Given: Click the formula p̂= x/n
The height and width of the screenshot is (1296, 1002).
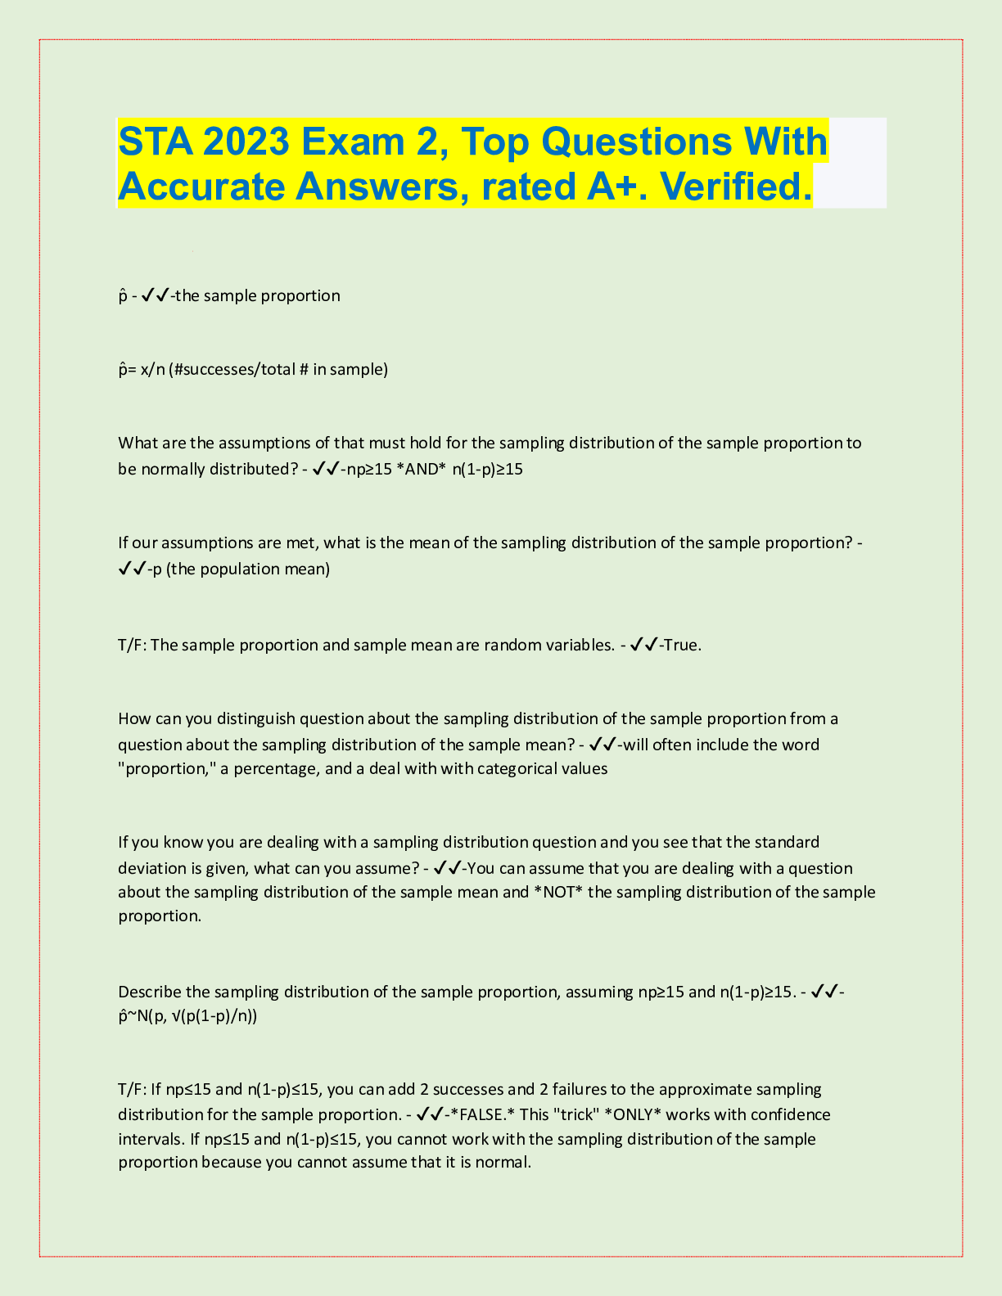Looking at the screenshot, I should (141, 370).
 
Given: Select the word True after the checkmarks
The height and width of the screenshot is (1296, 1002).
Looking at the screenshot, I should (681, 645).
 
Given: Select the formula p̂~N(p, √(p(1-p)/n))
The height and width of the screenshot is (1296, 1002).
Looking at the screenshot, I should (187, 1016).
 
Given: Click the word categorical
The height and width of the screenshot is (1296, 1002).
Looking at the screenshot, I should (518, 769).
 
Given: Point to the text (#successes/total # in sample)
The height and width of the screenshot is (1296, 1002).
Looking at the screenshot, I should (278, 370).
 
